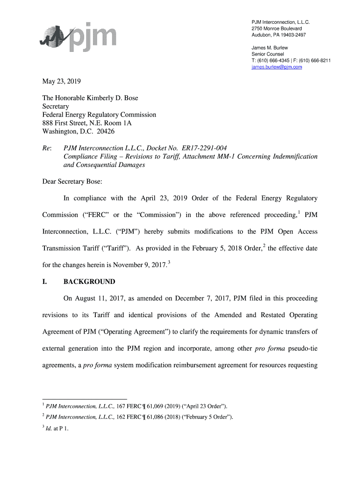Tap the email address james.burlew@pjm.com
pyautogui.click(x=277, y=67)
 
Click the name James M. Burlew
pyautogui.click(x=270, y=48)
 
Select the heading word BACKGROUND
pyautogui.click(x=89, y=282)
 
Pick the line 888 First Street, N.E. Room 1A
pyautogui.click(x=87, y=123)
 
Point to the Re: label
pyautogui.click(x=47, y=148)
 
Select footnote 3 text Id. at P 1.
pyautogui.click(x=58, y=428)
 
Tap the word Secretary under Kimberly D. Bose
pyautogui.click(x=56, y=106)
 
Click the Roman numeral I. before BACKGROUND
pyautogui.click(x=45, y=282)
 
